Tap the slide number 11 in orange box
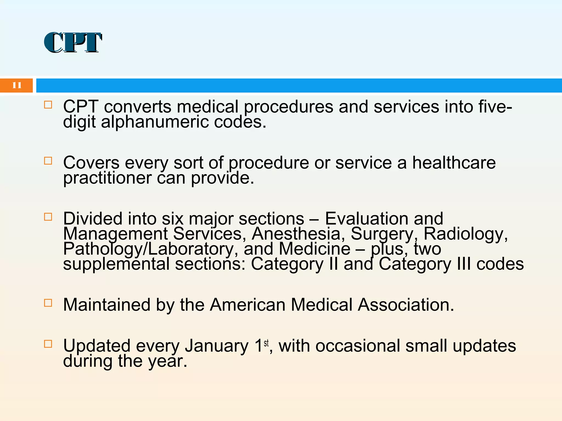pyautogui.click(x=17, y=85)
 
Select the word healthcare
pyautogui.click(x=454, y=163)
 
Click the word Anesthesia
pyautogui.click(x=296, y=234)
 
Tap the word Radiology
pyautogui.click(x=465, y=234)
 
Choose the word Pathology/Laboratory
pyautogui.click(x=148, y=249)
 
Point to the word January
pyautogui.click(x=216, y=346)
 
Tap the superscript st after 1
pyautogui.click(x=266, y=343)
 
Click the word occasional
pyautogui.click(x=358, y=346)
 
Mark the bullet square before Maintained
pyautogui.click(x=48, y=303)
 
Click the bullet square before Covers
pyautogui.click(x=48, y=161)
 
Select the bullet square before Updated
pyautogui.click(x=48, y=344)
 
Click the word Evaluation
pyautogui.click(x=384, y=219)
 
